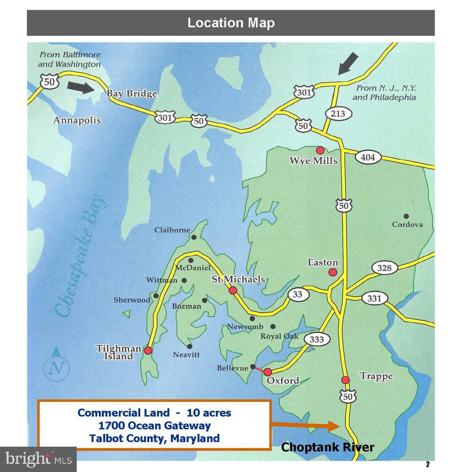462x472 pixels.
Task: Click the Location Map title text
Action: coord(231,23)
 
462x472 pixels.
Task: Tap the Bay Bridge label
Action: coord(132,94)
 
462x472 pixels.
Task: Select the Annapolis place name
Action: coord(77,120)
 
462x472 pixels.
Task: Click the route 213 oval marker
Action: coord(338,113)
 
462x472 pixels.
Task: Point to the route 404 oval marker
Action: coord(368,157)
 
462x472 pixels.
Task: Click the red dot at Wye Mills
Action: coord(320,150)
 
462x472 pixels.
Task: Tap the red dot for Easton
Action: coord(333,272)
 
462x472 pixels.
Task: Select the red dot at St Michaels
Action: coord(233,290)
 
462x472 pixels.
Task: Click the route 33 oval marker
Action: coord(297,294)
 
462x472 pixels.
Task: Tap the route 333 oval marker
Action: coord(316,339)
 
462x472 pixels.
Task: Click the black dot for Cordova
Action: coord(406,216)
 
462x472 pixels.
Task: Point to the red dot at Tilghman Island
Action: coord(148,350)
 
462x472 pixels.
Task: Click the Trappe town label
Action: coord(376,376)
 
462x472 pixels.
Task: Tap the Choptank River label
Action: coord(328,447)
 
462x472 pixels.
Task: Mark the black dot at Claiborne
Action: coord(194,237)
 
